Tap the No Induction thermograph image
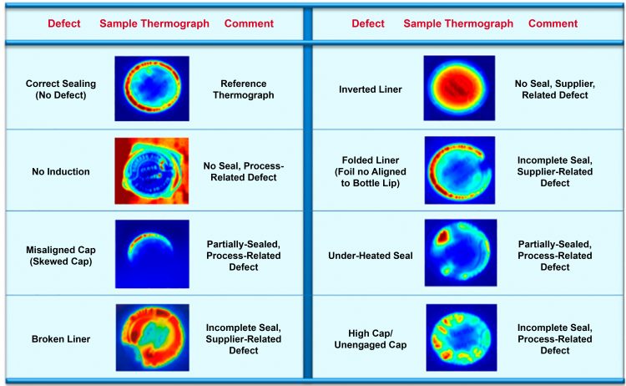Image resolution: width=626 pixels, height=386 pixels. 151,171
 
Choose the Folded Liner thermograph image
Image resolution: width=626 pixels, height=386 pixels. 459,171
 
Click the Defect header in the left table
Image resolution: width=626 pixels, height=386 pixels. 63,23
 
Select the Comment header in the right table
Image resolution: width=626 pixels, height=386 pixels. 553,23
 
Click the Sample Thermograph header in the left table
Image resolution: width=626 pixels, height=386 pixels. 154,23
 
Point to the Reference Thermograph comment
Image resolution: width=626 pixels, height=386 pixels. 245,89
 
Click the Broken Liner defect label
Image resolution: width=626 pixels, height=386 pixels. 58,338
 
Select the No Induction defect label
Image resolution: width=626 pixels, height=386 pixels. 58,171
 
